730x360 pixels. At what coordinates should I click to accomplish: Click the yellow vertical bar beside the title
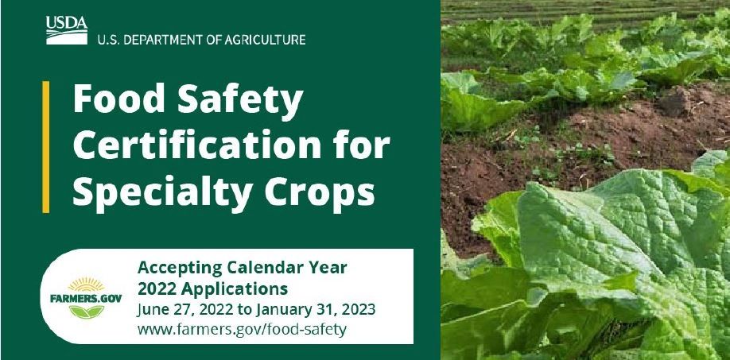point(46,147)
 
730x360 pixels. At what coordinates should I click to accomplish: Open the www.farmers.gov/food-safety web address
point(242,328)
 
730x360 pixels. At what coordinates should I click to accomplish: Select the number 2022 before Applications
point(156,287)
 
